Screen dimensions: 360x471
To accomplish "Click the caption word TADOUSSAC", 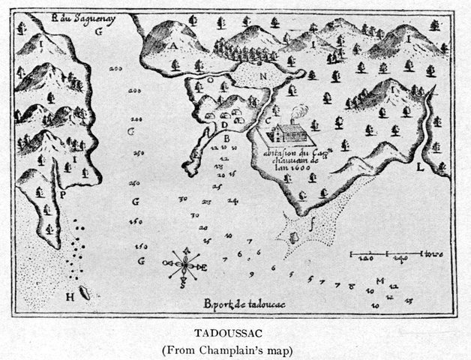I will (x=236, y=331).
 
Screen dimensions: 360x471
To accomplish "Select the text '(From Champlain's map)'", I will (x=236, y=349).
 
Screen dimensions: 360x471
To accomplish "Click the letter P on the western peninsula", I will (x=63, y=193).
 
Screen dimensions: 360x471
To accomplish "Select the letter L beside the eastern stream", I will (x=421, y=166).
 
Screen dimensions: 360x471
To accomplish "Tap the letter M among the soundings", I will (x=381, y=281).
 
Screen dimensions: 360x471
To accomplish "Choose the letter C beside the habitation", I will (x=268, y=120).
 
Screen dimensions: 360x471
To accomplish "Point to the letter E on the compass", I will (x=199, y=266).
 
